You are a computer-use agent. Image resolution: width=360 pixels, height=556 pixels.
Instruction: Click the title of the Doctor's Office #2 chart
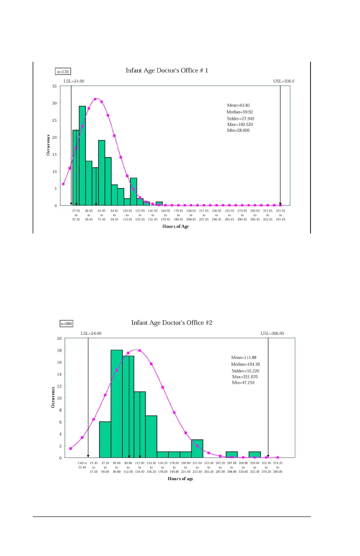[x=172, y=323]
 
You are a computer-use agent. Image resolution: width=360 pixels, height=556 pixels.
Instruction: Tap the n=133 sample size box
[x=63, y=71]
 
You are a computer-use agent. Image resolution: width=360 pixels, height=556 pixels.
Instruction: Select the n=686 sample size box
[x=66, y=324]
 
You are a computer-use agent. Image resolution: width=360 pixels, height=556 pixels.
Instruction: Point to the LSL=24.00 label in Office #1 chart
[x=74, y=81]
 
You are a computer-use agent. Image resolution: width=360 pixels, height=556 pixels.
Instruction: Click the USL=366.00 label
[x=272, y=333]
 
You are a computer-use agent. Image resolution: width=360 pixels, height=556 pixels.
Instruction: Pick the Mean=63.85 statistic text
[x=238, y=105]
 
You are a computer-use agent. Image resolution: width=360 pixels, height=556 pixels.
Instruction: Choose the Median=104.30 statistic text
[x=245, y=364]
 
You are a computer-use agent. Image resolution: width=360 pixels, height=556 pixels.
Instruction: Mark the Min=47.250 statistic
[x=243, y=383]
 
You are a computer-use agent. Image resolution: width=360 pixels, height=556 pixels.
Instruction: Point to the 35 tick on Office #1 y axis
[x=54, y=86]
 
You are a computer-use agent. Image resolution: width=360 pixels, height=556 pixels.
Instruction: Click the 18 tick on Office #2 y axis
[x=59, y=350]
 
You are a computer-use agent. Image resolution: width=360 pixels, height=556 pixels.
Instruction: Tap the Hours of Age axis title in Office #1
[x=175, y=227]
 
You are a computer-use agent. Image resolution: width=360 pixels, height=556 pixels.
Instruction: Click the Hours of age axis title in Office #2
[x=180, y=479]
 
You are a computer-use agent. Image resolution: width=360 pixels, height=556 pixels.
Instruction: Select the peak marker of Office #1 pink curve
[x=95, y=99]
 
